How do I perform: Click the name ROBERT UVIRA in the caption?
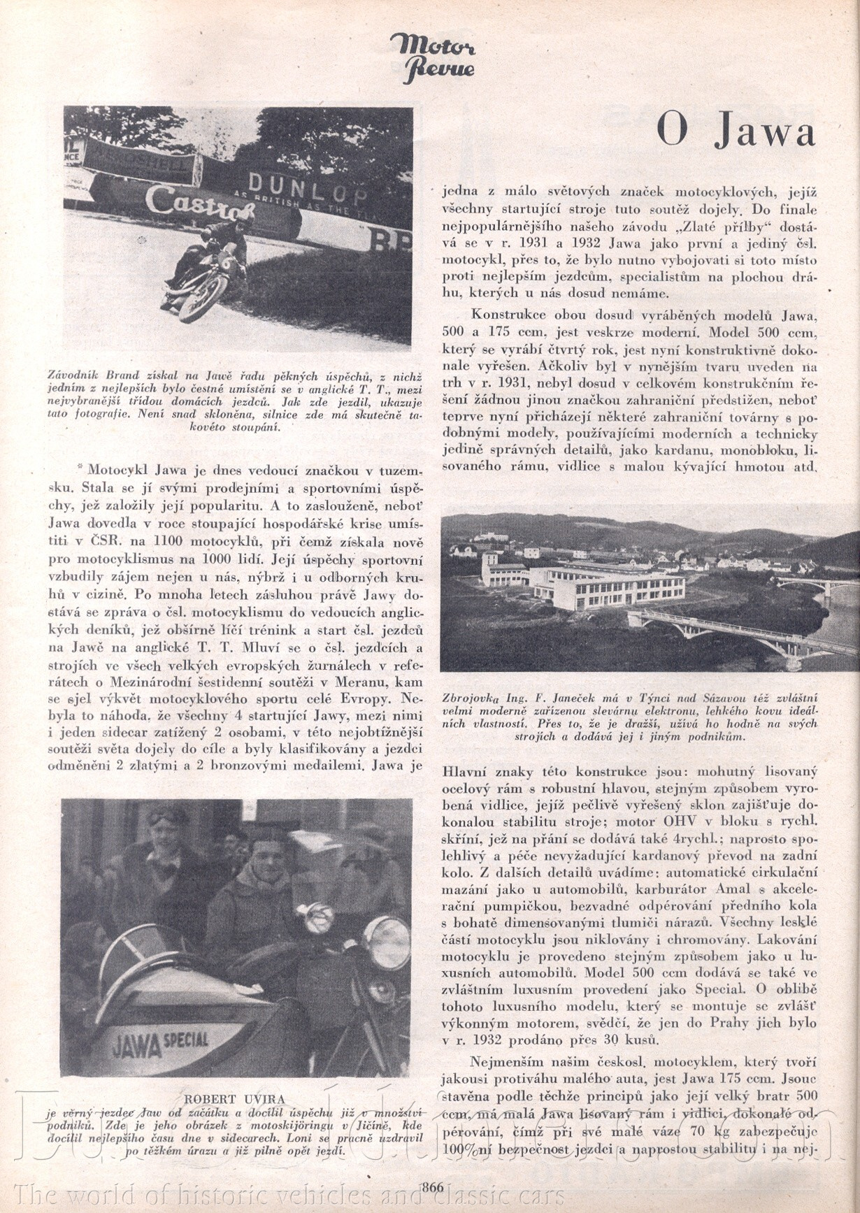(x=234, y=1099)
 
